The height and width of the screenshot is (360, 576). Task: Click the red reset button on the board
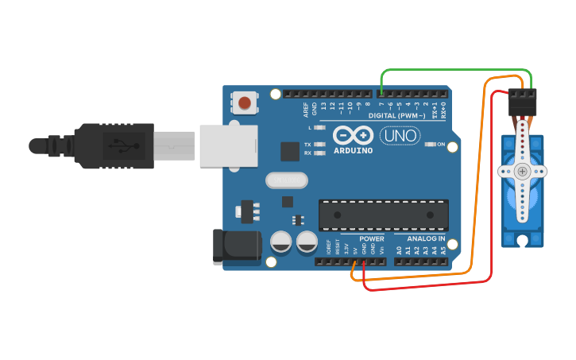click(x=245, y=103)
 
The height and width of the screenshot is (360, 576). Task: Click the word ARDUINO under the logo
click(x=353, y=150)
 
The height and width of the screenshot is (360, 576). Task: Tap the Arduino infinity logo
click(x=353, y=134)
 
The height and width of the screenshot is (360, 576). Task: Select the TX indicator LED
click(x=320, y=145)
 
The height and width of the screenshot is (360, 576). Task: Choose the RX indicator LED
click(x=320, y=153)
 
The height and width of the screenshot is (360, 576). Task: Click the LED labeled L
click(x=320, y=127)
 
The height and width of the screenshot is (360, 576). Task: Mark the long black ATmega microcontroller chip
click(x=383, y=215)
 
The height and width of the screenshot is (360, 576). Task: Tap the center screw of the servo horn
click(x=522, y=171)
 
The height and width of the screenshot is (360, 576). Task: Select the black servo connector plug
click(x=523, y=103)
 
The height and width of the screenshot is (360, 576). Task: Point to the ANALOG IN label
click(x=426, y=238)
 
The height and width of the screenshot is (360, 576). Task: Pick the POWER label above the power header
click(x=371, y=238)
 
